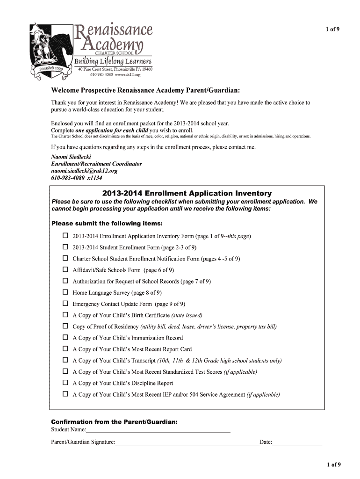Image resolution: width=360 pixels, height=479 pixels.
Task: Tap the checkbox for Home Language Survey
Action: [65, 292]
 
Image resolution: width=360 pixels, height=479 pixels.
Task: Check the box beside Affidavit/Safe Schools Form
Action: [65, 270]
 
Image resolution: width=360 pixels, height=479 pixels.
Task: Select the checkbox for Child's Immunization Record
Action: [65, 338]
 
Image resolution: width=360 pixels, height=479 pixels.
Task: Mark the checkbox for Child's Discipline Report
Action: [65, 383]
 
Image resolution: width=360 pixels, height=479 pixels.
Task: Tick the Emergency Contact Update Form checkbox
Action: [65, 304]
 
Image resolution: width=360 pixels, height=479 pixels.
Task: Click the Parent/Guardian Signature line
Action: [187, 442]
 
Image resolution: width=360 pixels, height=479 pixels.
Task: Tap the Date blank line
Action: [297, 442]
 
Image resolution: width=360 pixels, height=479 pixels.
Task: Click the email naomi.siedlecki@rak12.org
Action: [84, 171]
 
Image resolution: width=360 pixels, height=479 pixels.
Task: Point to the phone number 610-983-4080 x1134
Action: [77, 178]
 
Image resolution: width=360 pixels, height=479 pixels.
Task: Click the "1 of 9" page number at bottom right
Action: [334, 464]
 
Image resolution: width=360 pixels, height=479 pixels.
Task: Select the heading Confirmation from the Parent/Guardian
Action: [114, 422]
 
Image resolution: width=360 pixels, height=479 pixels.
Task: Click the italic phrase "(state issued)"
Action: [187, 315]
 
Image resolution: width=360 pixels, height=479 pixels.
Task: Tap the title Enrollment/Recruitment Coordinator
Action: [96, 164]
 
